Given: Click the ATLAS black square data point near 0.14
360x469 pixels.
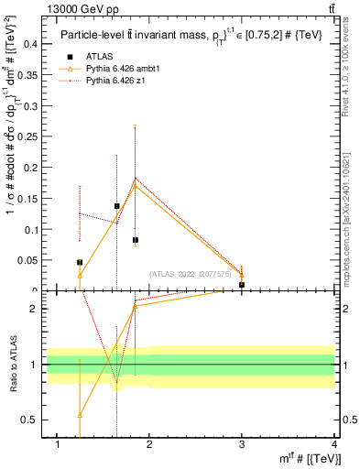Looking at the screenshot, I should [117, 206].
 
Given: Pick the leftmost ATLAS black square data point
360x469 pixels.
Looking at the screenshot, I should [80, 263].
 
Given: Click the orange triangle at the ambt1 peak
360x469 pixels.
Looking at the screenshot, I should [136, 186].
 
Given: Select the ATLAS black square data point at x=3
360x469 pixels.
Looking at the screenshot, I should [242, 285].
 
